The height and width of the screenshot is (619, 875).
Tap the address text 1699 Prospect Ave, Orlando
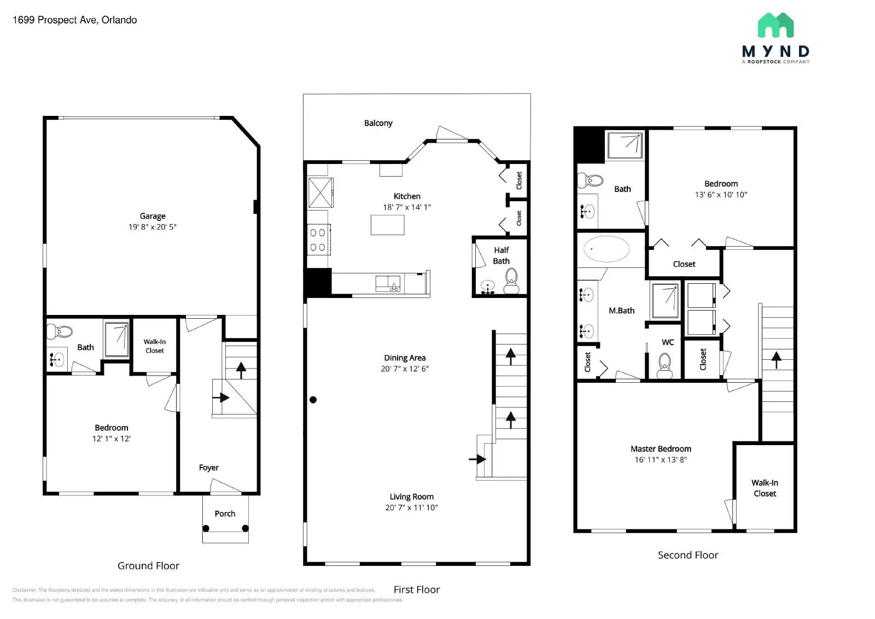pos(74,20)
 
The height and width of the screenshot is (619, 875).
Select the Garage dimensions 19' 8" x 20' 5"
pos(152,227)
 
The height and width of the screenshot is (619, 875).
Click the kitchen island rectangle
pos(387,225)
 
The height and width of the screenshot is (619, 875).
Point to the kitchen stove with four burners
pos(318,240)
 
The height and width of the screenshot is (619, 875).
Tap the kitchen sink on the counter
pos(388,283)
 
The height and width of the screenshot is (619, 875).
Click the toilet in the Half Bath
pos(511,281)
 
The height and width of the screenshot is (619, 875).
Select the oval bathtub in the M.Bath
pos(606,249)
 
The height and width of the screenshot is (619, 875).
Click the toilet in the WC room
pos(664,364)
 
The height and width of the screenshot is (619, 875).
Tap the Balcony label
pos(378,123)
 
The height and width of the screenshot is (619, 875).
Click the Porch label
pos(225,513)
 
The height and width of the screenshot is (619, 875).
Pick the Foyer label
pos(208,468)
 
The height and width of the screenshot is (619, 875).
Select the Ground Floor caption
pos(148,565)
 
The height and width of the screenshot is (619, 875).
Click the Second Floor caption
pos(687,554)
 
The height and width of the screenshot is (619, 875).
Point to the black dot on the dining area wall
pos(313,400)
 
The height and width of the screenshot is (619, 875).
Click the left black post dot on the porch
pos(206,528)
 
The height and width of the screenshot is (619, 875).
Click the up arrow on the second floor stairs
pos(776,359)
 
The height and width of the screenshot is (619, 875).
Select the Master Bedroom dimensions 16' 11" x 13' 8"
pos(660,460)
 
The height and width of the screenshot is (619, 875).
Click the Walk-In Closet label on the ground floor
pos(154,346)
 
